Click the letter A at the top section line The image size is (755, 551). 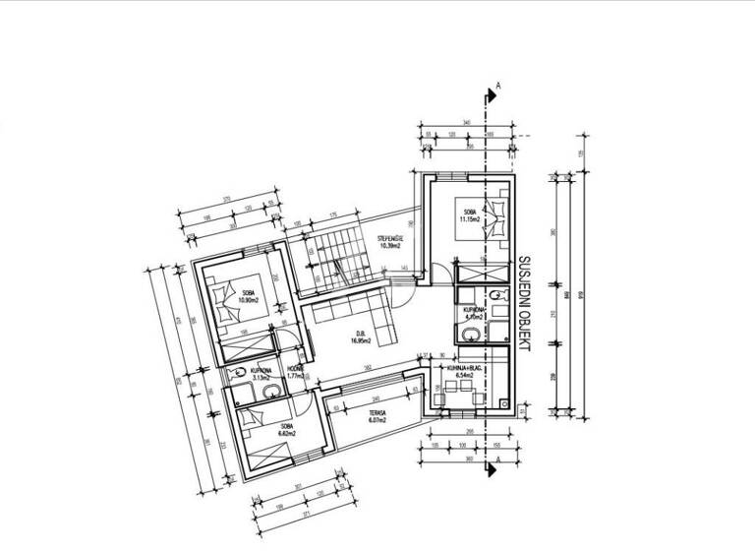click(x=498, y=88)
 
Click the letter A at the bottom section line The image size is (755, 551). click(x=498, y=459)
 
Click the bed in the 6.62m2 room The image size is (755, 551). click(x=259, y=422)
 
